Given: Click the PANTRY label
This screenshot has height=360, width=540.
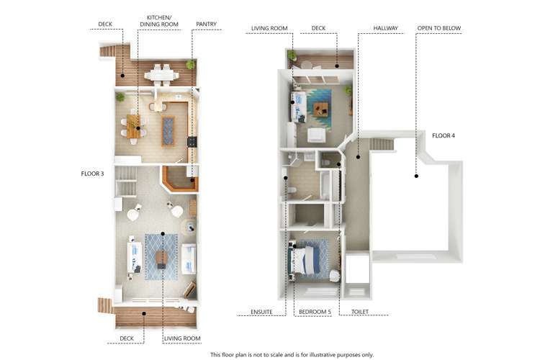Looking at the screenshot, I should click(x=206, y=24).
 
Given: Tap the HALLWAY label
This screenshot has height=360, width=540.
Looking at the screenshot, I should click(x=386, y=28).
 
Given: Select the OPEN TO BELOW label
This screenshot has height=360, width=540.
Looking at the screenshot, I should click(x=438, y=28).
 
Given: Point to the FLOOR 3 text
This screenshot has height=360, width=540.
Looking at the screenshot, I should click(x=93, y=174).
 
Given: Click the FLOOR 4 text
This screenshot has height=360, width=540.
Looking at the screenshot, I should click(x=444, y=135).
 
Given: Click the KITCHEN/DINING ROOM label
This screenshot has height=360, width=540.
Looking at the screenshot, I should click(x=163, y=20).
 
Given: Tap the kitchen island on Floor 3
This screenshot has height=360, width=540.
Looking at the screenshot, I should click(x=169, y=130).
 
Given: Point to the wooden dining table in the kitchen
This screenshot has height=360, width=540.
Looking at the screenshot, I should click(x=134, y=125).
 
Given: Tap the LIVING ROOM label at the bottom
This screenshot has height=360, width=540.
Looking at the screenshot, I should click(x=182, y=338).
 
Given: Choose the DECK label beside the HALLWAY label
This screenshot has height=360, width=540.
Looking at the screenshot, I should click(x=318, y=28).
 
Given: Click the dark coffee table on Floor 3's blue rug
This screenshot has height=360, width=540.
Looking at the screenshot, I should click(x=163, y=257).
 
